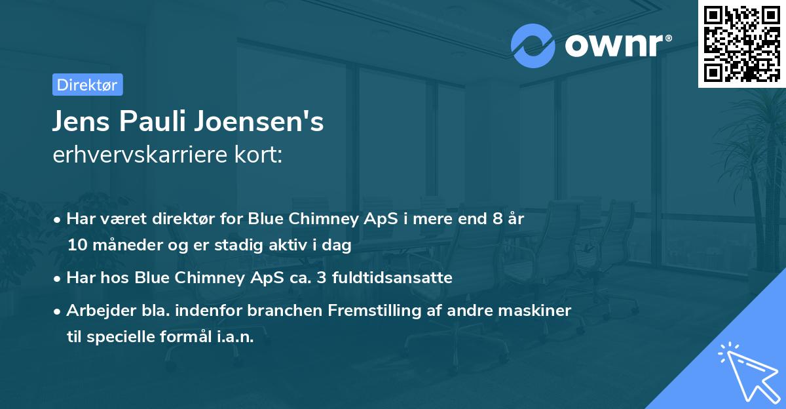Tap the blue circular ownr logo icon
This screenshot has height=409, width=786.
click(x=533, y=46)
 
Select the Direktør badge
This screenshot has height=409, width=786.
click(x=87, y=85)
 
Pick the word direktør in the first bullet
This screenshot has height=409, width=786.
click(x=187, y=219)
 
